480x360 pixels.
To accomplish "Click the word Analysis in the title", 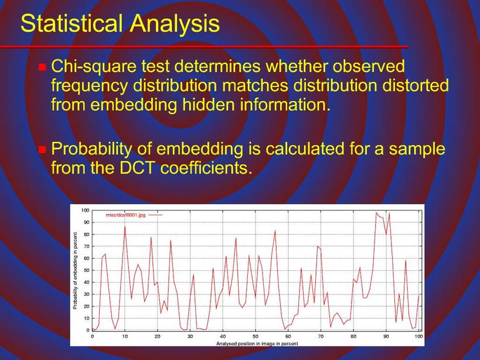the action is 175,24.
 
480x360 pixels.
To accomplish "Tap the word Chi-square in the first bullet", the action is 94,67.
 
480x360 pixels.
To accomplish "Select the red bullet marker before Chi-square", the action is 42,67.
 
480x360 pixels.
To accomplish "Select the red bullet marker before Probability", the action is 42,150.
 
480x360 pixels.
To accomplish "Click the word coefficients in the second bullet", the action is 206,168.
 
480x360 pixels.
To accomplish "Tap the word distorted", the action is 415,85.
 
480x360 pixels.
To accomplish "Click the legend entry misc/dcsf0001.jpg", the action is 125,215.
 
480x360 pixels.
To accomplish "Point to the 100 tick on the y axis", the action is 85,210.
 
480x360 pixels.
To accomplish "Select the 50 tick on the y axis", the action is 86,270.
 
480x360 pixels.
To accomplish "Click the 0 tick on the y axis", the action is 87,330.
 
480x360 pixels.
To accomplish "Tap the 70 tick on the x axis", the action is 321,336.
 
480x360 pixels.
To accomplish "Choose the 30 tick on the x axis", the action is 190,336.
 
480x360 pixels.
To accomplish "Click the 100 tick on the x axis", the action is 418,336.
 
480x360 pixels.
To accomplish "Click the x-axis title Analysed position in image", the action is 242,344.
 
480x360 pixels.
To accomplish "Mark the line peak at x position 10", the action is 125,226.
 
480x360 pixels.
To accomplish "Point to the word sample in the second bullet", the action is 418,149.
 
